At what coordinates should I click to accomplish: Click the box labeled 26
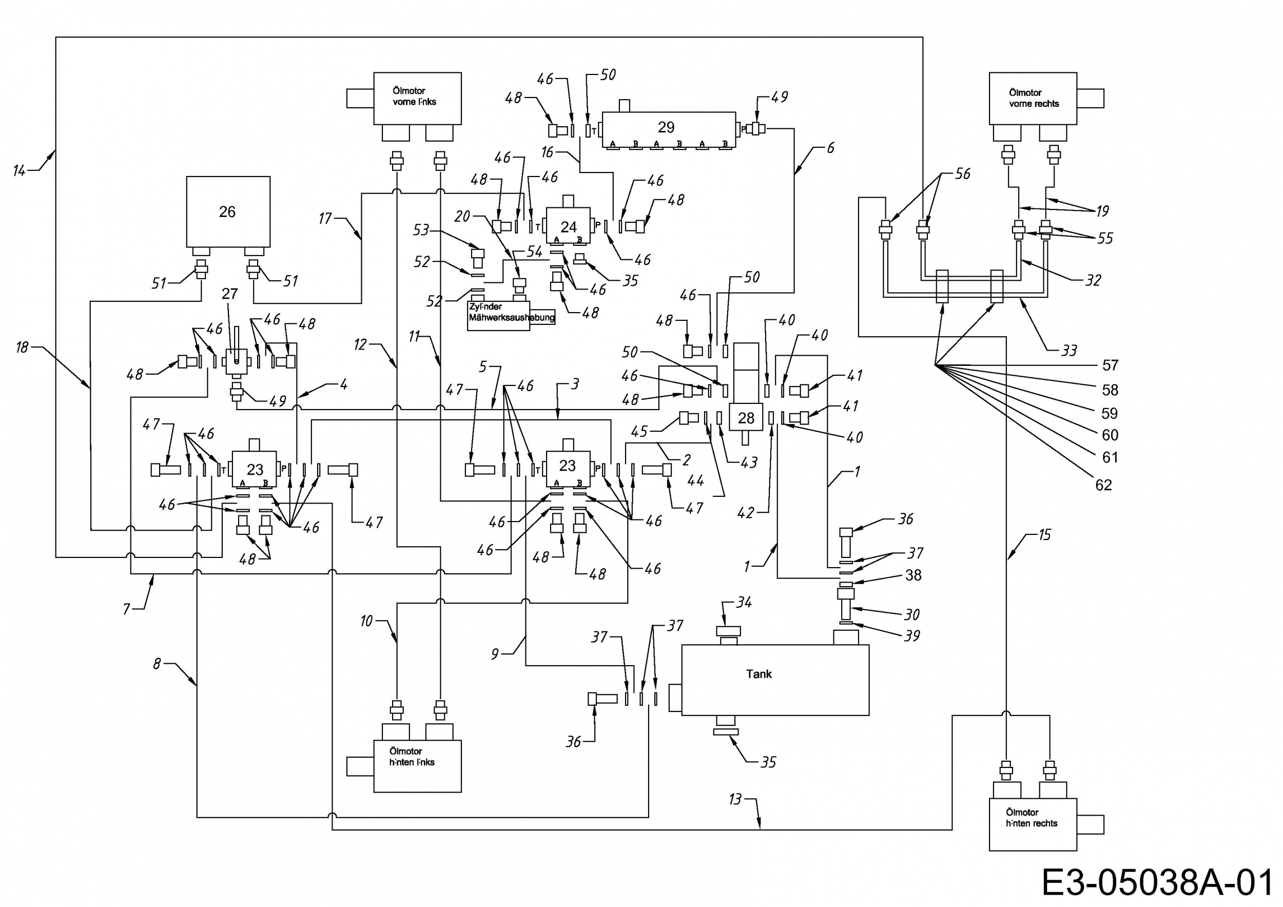coord(228,212)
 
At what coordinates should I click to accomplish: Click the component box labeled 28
coord(746,417)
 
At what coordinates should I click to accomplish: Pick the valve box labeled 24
coord(568,226)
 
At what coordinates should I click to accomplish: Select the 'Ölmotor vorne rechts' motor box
coord(1033,98)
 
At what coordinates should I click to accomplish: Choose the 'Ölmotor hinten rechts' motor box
coord(1033,824)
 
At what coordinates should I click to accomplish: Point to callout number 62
coord(1103,485)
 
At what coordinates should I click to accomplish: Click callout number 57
coord(1110,365)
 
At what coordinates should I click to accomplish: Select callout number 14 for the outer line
coord(20,170)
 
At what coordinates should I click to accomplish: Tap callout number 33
coord(1069,351)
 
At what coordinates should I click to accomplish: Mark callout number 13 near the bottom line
coord(735,800)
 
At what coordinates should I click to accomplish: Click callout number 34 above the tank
coord(744,603)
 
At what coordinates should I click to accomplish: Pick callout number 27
coord(230,294)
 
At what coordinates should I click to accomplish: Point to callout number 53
coord(421,230)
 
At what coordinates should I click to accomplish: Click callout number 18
coord(22,348)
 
